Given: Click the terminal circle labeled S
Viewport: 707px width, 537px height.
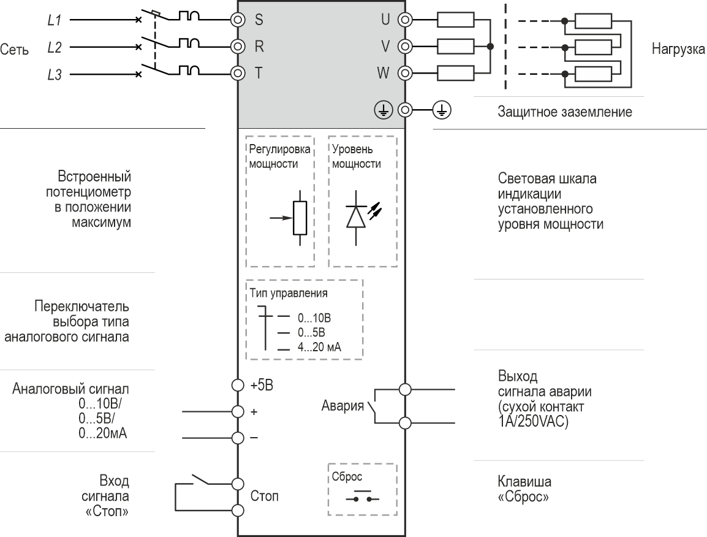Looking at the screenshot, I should (238, 19).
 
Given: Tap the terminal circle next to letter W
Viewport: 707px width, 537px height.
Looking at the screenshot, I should (404, 74).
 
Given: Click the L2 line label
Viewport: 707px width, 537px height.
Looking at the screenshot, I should (55, 47).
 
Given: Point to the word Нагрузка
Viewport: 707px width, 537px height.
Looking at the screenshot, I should (678, 49).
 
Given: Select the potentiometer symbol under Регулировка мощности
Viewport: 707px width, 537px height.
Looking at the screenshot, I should (299, 217).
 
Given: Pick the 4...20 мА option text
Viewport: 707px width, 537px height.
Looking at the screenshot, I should (319, 347).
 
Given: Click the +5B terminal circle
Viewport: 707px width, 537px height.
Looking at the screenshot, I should (238, 385).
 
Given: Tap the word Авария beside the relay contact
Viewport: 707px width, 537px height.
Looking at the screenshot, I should (342, 406).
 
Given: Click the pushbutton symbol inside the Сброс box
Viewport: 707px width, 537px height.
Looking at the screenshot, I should (363, 498).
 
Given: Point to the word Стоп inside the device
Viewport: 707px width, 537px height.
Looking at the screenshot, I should (264, 496).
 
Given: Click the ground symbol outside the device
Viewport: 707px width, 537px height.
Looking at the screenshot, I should (442, 110).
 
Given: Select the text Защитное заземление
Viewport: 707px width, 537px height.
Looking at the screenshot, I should (564, 112).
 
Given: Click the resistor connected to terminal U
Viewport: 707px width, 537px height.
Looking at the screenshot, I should (455, 21).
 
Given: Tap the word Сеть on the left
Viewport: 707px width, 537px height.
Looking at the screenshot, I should (14, 50).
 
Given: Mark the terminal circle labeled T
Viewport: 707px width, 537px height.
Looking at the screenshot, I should (238, 74).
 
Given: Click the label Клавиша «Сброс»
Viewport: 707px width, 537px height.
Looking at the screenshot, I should (524, 489).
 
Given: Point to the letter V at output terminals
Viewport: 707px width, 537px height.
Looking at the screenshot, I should (386, 46).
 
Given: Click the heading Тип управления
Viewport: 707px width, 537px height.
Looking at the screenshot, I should (288, 293).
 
